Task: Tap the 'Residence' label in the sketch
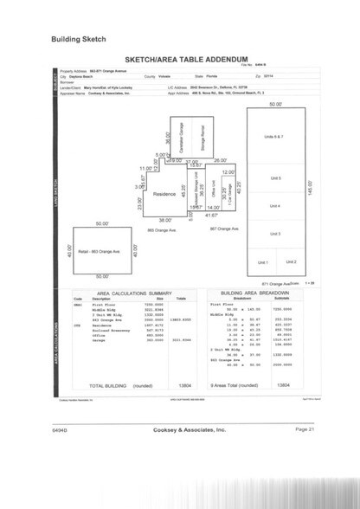pyautogui.click(x=164, y=194)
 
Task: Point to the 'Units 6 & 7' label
pyautogui.click(x=274, y=137)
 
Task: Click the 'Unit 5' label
pyautogui.click(x=274, y=177)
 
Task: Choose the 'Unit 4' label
pyautogui.click(x=274, y=205)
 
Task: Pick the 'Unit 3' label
pyautogui.click(x=274, y=234)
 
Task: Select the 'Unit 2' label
pyautogui.click(x=291, y=261)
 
